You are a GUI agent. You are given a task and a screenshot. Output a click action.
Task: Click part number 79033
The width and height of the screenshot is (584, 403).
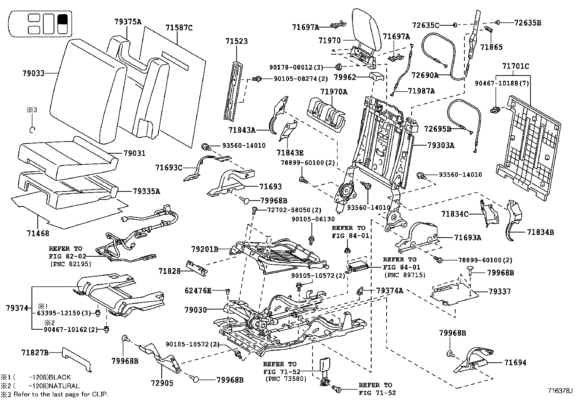click(x=33, y=73)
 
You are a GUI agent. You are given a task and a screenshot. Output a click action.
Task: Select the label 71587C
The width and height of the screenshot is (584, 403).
click(x=179, y=28)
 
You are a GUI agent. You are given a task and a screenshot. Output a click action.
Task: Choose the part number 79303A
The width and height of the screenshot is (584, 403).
click(x=441, y=145)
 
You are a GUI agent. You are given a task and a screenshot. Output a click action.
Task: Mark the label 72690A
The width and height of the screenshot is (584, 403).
click(x=425, y=75)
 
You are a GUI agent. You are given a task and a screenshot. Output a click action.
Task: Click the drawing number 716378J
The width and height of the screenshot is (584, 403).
click(x=560, y=391)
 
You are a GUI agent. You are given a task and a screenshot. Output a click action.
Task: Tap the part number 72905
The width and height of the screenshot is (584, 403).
click(x=162, y=383)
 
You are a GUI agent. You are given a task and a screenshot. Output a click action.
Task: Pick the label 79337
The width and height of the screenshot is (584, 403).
click(x=500, y=292)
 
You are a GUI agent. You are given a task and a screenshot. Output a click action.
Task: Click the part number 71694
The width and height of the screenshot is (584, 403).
click(x=515, y=362)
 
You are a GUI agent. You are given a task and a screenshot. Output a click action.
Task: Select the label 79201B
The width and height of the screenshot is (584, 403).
click(x=205, y=249)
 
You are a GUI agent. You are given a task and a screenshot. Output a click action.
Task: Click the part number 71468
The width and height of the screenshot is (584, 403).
click(x=38, y=233)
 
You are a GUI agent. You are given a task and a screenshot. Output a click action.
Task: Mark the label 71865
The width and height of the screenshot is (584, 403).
click(x=492, y=47)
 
